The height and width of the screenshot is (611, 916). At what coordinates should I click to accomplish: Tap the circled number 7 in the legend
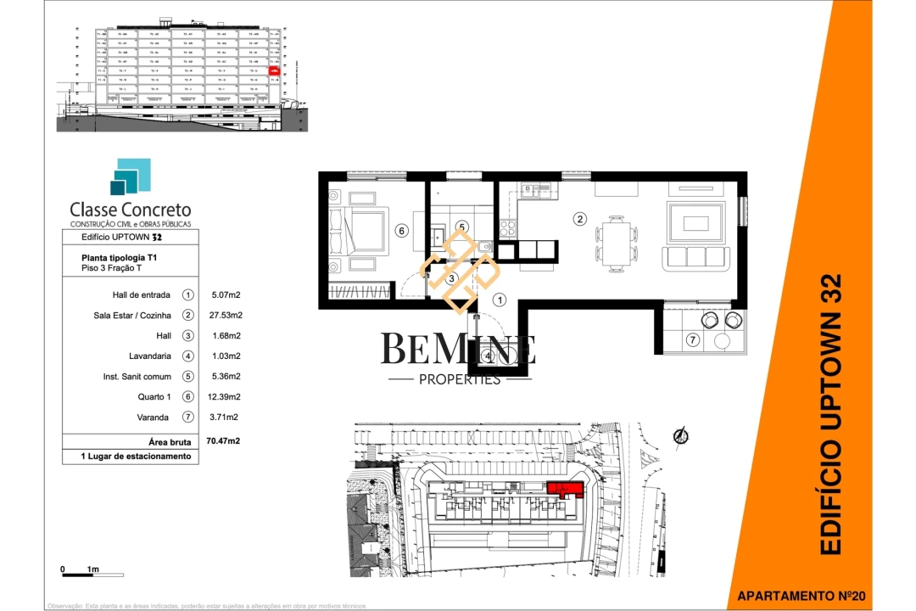point(187,418)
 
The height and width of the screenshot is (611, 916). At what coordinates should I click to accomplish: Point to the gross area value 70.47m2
point(223,441)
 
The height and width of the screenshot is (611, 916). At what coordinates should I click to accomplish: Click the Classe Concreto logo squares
point(130,177)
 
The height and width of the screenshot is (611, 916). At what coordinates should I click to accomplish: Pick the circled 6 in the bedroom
point(402,230)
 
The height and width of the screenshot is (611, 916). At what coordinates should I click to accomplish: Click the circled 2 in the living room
point(580,219)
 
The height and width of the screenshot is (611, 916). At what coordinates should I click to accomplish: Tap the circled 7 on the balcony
point(692,340)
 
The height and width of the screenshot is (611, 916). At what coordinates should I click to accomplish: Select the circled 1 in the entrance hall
point(500,299)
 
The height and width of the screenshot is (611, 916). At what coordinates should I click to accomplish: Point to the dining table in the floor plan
point(615,240)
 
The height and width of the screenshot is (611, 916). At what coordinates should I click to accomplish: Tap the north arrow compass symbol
point(679,436)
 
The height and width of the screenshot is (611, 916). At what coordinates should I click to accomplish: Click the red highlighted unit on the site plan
point(564,489)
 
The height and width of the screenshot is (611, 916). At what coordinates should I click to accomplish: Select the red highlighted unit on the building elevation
point(273,72)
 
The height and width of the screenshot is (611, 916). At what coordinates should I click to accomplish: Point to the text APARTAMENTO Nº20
point(801,597)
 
